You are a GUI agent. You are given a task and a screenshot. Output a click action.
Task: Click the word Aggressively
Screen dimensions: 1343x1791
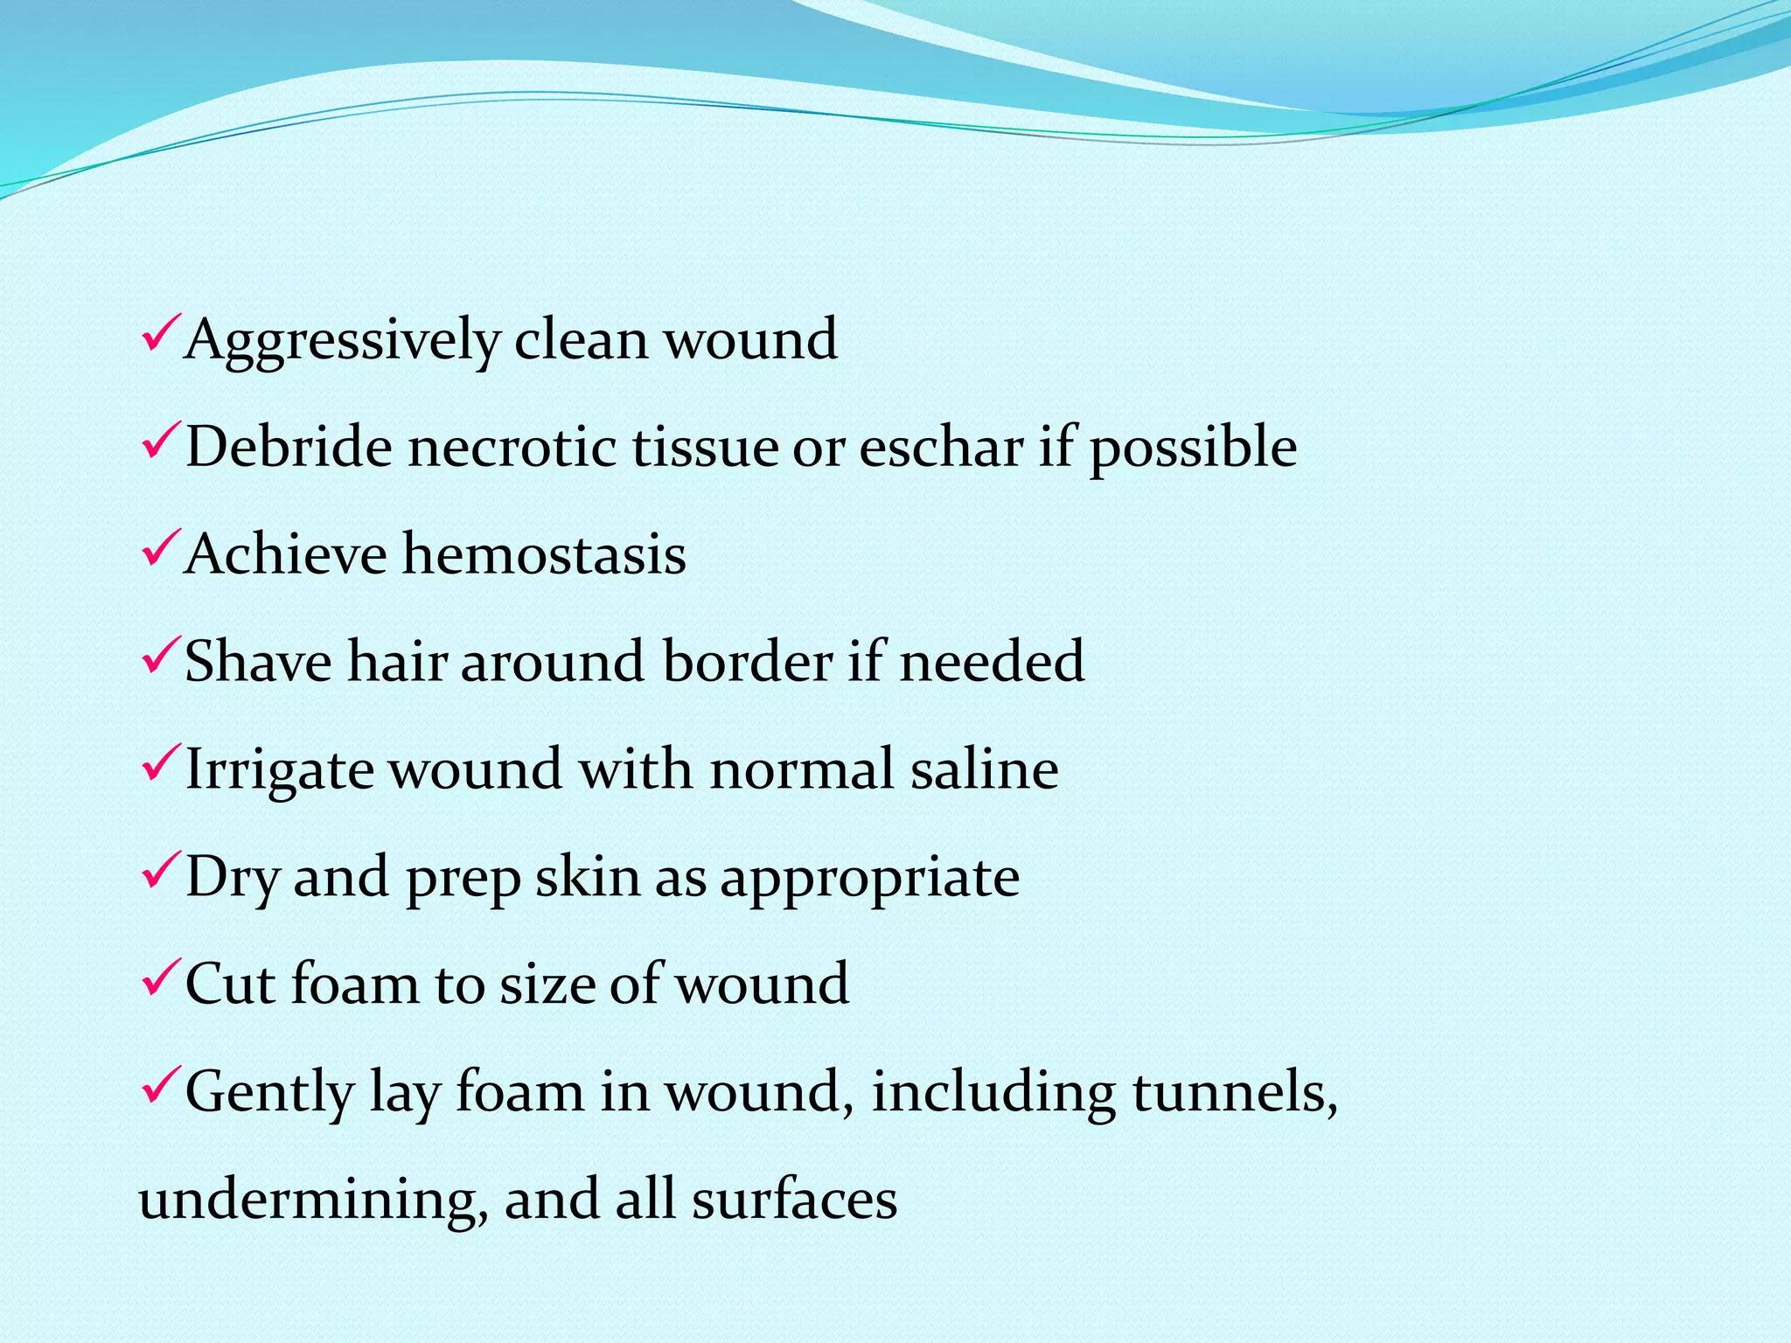[x=342, y=340]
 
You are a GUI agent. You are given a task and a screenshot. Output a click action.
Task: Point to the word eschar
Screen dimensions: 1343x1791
[x=941, y=447]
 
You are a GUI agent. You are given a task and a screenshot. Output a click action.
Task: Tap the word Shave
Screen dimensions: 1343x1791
[x=259, y=661]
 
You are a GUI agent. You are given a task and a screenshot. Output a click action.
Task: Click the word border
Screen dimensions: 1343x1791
[x=748, y=661]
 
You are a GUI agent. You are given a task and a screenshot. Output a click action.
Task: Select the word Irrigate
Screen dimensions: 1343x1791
[x=279, y=770]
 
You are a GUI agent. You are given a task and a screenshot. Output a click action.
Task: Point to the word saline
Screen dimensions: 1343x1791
[x=984, y=769]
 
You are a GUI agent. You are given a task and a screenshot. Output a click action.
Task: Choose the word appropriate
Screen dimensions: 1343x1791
[x=870, y=878]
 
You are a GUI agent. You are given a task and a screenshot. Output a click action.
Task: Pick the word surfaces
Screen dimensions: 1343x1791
[x=794, y=1199]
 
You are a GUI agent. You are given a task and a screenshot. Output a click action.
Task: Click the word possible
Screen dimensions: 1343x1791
[x=1193, y=449]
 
